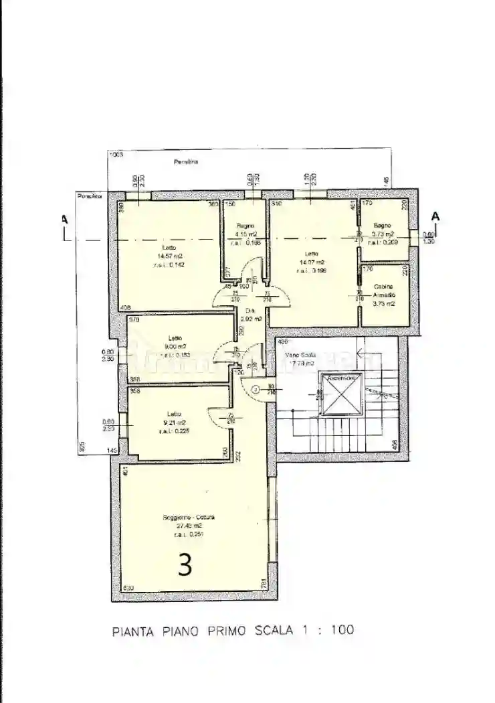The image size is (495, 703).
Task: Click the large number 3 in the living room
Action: [x=185, y=564]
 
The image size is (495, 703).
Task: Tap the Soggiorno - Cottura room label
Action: [x=188, y=518]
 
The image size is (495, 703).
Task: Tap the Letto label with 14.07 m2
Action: [x=311, y=254]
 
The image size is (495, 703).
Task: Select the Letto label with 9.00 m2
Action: [x=175, y=337]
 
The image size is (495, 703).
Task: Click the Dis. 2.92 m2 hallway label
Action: [x=252, y=311]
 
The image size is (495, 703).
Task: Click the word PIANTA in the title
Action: [x=131, y=630]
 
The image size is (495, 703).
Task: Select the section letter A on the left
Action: [x=64, y=218]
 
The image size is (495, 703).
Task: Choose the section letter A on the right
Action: [x=435, y=216]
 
